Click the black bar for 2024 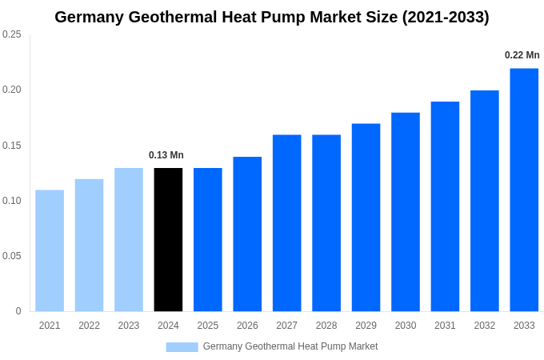coord(168,239)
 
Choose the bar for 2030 coord(406,212)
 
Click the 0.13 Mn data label coord(166,155)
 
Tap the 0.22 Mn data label coord(522,55)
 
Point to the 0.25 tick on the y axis coord(12,34)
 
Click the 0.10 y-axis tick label coord(12,201)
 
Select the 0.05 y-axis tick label coord(12,256)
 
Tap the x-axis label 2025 coord(208,326)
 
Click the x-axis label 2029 coord(366,326)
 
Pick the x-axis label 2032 coord(484,326)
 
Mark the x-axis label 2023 coord(129,326)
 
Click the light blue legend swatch coord(182,347)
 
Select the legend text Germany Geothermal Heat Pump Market coord(290,346)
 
